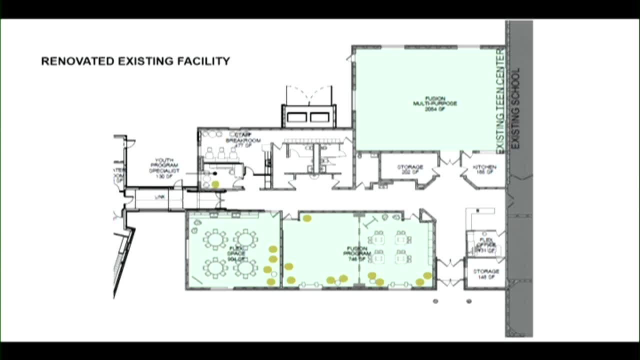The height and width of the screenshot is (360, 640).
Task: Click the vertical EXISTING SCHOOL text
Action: pos(516,108)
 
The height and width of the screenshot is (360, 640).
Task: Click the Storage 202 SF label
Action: pos(410,169)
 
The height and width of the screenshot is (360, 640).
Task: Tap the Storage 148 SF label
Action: pos(485,274)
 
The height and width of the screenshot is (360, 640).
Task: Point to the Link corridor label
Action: pos(159,197)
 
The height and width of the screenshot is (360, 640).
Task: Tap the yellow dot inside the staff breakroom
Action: pos(215,184)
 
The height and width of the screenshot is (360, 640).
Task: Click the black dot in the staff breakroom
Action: pos(215,173)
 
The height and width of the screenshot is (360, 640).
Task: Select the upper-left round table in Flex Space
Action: pos(215,239)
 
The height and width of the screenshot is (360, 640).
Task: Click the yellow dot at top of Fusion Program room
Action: pos(307,218)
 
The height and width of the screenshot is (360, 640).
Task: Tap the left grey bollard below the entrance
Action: pos(435,301)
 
